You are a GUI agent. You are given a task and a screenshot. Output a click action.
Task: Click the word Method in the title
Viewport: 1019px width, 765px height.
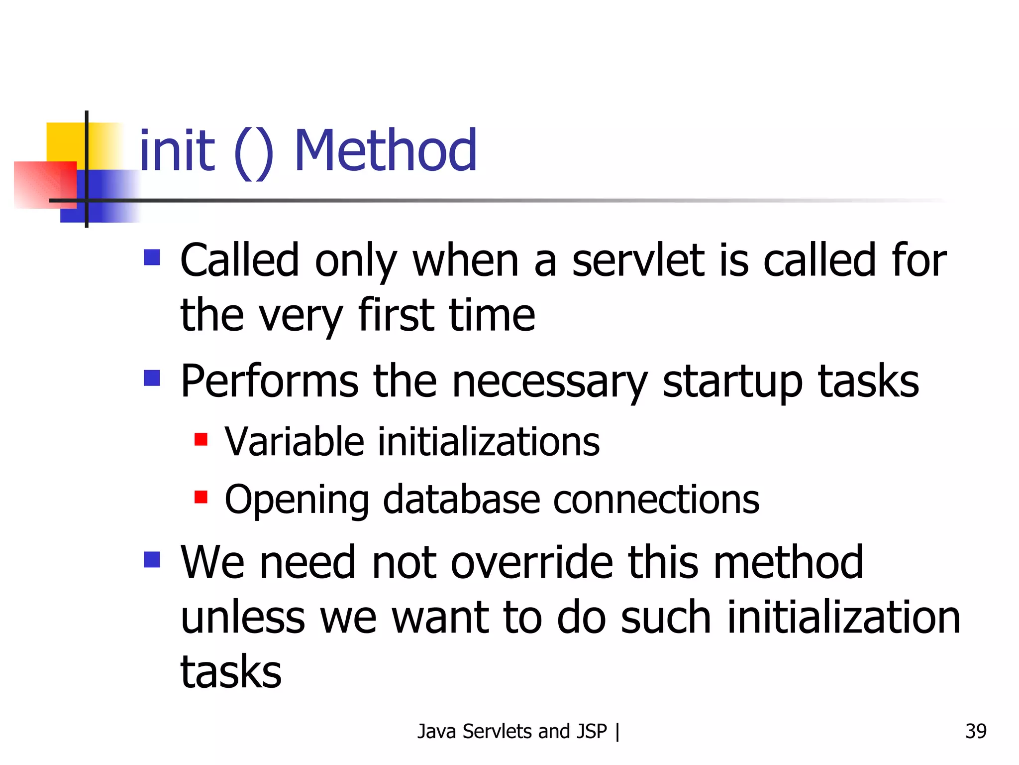point(386,151)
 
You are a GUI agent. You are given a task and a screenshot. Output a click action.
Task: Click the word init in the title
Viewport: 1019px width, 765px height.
point(177,151)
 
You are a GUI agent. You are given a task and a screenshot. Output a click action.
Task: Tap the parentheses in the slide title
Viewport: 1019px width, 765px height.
point(253,153)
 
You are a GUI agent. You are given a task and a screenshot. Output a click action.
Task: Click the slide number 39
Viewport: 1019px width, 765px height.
point(976,731)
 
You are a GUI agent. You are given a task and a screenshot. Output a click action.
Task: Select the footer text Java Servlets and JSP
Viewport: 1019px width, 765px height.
point(512,731)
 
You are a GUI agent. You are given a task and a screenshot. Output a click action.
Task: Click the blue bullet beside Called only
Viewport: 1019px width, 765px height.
point(152,257)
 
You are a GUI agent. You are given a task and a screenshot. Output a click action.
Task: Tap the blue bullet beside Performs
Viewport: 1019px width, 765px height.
point(152,378)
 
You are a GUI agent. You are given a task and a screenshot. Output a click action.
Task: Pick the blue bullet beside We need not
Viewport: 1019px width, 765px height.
point(152,559)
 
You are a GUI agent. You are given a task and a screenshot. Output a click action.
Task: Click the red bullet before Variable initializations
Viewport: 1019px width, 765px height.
point(201,439)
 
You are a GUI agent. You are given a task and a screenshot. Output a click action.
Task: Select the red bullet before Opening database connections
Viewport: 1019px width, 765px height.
point(201,497)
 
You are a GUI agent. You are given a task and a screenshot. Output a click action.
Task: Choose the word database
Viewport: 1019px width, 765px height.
point(461,500)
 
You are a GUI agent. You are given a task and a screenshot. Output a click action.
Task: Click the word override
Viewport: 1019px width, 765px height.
point(532,562)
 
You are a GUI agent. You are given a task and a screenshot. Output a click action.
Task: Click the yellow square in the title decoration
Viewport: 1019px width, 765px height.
point(65,142)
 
